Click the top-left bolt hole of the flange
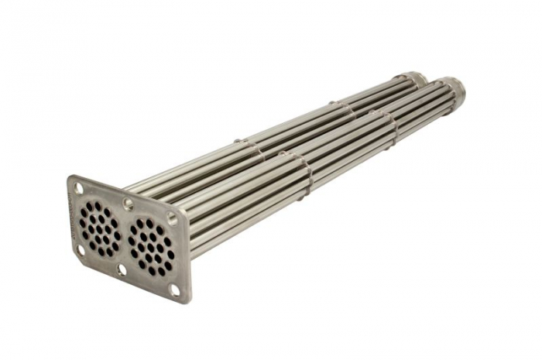coord(78,187)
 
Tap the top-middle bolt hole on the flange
coord(129,204)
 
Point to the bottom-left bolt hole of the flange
coord(81,249)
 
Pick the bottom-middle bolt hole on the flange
coord(122,269)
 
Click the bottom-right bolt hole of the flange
coord(174,290)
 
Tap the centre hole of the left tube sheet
coord(99,228)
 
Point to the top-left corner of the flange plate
coord(72,178)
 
